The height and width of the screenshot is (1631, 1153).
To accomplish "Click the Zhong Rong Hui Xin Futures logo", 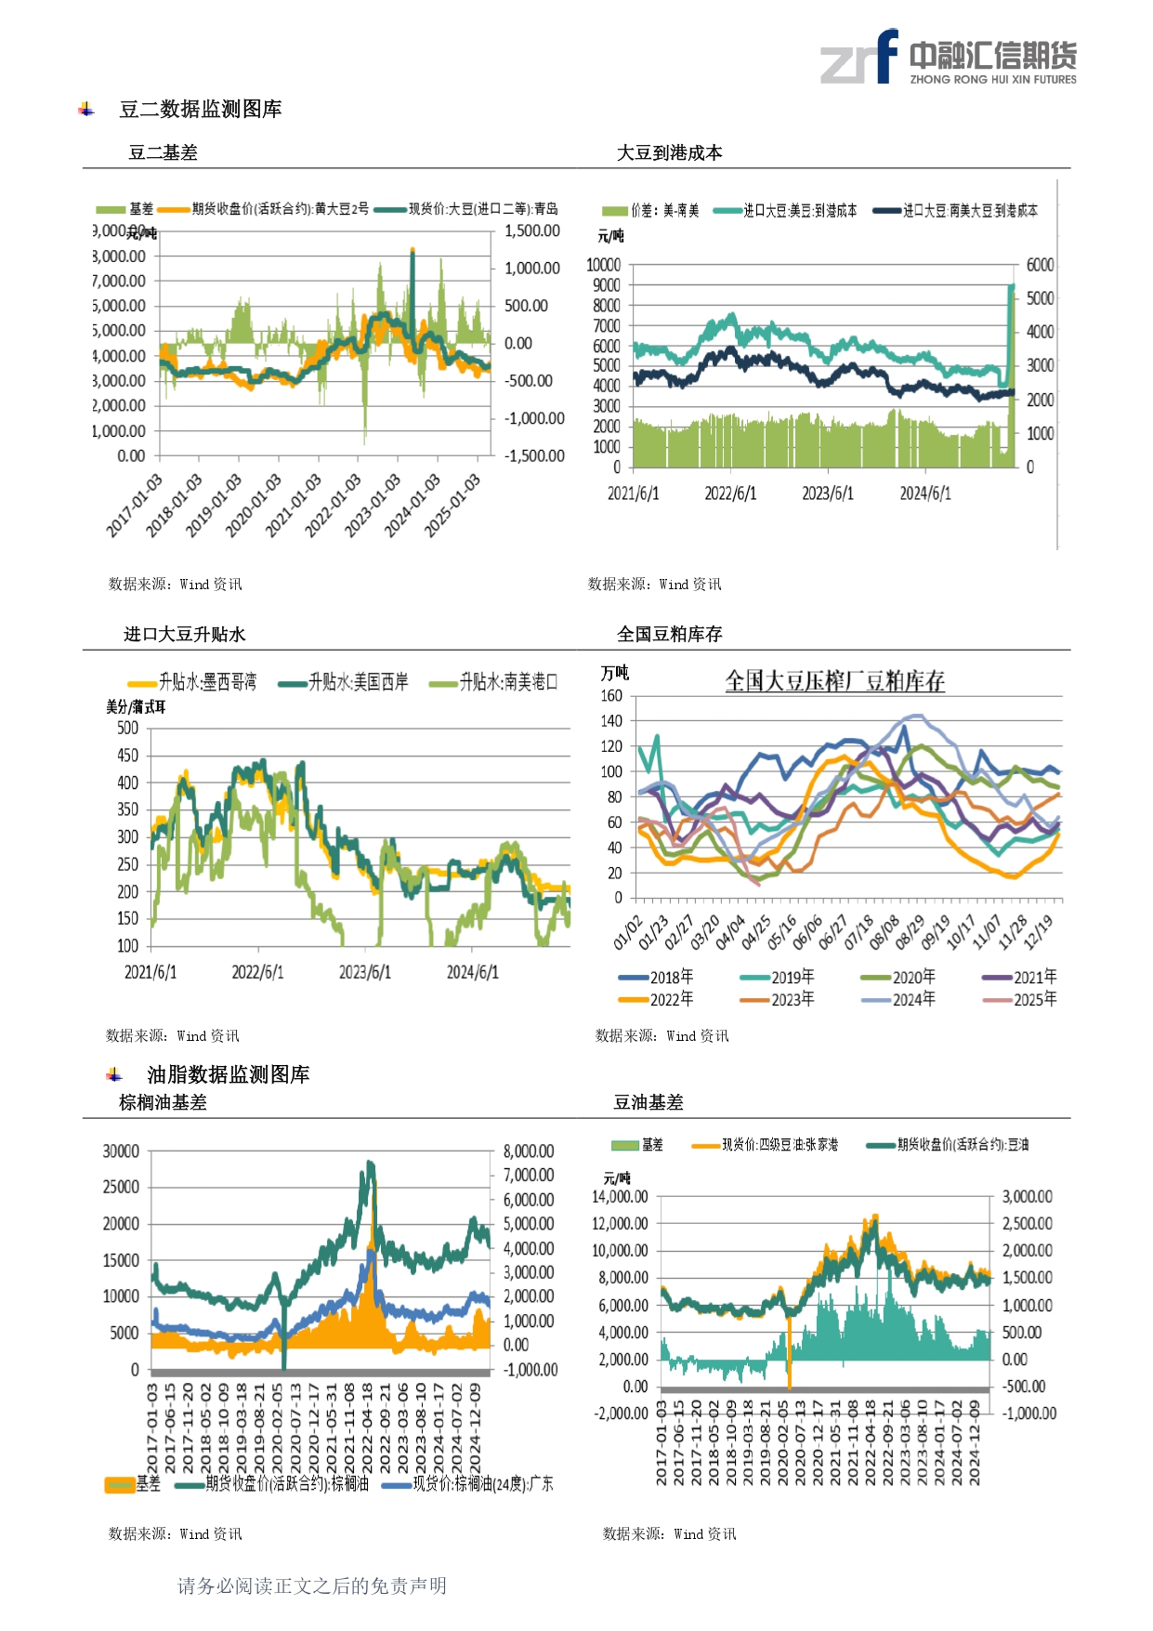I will click(948, 58).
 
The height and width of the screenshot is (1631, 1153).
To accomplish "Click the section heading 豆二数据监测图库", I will click(200, 110).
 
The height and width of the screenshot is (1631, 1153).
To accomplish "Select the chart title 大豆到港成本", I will click(669, 153).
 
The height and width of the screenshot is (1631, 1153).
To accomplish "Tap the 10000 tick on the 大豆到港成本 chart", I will click(603, 265).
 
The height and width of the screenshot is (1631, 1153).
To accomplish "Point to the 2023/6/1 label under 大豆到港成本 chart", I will click(827, 493).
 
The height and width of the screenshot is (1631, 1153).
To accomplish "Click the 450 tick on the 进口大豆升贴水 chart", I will click(127, 756).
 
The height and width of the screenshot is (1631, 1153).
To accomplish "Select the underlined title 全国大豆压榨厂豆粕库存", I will click(834, 681).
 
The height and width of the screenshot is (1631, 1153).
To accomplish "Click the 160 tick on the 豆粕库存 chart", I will click(611, 696).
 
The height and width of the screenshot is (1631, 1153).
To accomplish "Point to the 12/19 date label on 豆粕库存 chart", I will click(1040, 931).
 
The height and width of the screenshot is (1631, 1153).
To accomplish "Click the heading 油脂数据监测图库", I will click(228, 1074).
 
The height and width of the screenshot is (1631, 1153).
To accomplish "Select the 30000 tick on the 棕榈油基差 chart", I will click(121, 1151).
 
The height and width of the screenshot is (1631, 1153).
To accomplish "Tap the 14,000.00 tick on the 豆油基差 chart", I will click(620, 1197).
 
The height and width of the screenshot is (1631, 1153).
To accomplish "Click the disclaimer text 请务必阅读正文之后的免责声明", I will click(312, 1585).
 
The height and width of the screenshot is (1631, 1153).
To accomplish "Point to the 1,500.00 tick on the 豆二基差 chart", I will click(532, 231).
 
